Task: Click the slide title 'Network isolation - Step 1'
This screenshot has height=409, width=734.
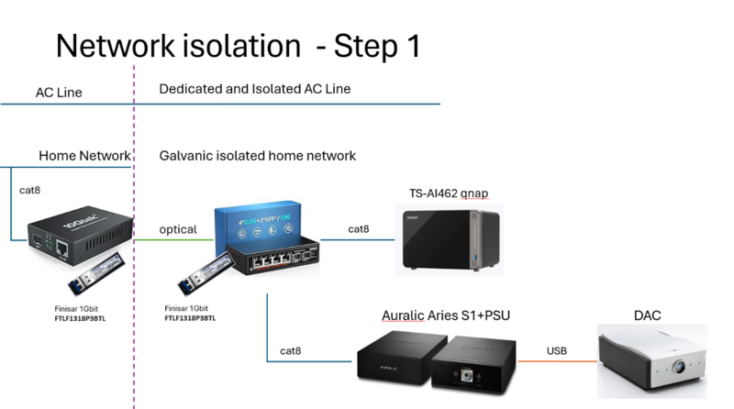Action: pyautogui.click(x=238, y=46)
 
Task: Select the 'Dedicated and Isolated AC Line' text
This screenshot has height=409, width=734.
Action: pyautogui.click(x=255, y=89)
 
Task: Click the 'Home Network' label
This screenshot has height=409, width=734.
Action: pyautogui.click(x=85, y=156)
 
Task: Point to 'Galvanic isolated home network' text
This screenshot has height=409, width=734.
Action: pyautogui.click(x=257, y=156)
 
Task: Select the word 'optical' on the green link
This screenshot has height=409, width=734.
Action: pyautogui.click(x=178, y=229)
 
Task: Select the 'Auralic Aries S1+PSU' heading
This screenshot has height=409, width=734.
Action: pyautogui.click(x=446, y=316)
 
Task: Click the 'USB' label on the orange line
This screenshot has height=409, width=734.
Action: pyautogui.click(x=557, y=350)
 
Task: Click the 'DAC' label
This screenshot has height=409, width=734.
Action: pyautogui.click(x=647, y=316)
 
